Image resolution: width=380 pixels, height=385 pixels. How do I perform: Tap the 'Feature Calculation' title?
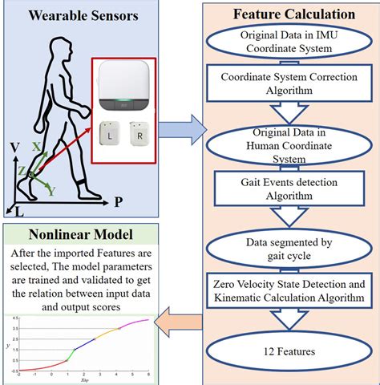click(294, 14)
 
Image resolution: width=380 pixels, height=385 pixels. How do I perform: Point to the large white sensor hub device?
click(127, 87)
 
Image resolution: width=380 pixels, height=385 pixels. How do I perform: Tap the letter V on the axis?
click(14, 148)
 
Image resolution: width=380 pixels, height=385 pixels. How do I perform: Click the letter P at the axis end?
click(117, 202)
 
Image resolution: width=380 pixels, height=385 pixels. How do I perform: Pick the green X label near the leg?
click(36, 147)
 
